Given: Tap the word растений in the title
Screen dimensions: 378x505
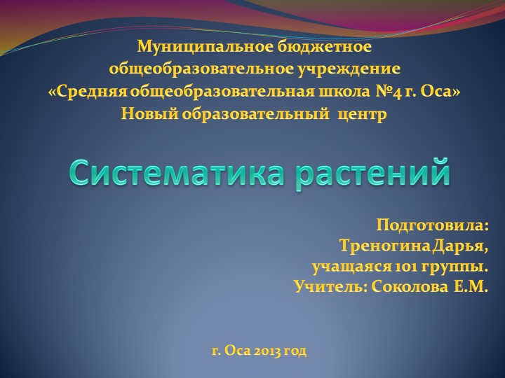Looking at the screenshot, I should click(372, 172).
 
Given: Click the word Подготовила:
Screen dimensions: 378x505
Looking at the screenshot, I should click(432, 226).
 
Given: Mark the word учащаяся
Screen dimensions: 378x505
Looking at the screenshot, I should click(343, 267).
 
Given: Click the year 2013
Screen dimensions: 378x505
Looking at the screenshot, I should click(267, 350).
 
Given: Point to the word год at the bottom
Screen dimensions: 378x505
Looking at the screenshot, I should click(296, 350).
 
